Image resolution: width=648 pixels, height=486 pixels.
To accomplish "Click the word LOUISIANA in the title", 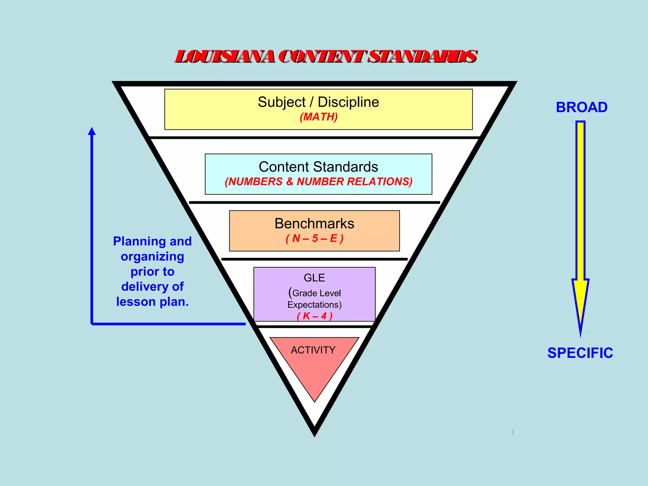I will (x=225, y=57).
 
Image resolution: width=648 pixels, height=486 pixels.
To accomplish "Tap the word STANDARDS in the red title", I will (x=423, y=57).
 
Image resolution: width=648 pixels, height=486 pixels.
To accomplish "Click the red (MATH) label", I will (x=319, y=117).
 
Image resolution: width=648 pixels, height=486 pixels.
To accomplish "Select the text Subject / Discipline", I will (x=318, y=102).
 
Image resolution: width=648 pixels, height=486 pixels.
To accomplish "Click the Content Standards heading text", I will (x=318, y=167).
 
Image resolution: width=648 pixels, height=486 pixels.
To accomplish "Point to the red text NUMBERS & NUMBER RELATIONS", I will (x=319, y=182).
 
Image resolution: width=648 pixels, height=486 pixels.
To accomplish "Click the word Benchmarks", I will (x=314, y=224).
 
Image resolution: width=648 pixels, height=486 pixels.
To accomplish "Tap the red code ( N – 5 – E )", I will (x=314, y=238).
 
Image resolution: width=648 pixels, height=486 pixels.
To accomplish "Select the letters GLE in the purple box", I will (x=314, y=278).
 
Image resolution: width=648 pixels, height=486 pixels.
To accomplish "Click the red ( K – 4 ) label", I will (x=315, y=316).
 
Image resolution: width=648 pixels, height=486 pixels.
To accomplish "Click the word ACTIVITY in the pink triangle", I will (x=313, y=350).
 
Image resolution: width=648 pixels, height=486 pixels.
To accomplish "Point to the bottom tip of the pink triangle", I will (x=315, y=401).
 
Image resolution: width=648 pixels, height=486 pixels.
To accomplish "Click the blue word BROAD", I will (x=582, y=107).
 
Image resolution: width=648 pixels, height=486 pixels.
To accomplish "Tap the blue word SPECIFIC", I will (x=580, y=353).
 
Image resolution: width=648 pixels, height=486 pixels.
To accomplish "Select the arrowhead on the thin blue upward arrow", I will (x=92, y=131).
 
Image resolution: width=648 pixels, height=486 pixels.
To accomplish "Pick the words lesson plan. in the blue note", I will (x=152, y=302).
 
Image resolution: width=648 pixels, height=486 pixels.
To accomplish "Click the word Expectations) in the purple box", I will (x=314, y=305).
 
